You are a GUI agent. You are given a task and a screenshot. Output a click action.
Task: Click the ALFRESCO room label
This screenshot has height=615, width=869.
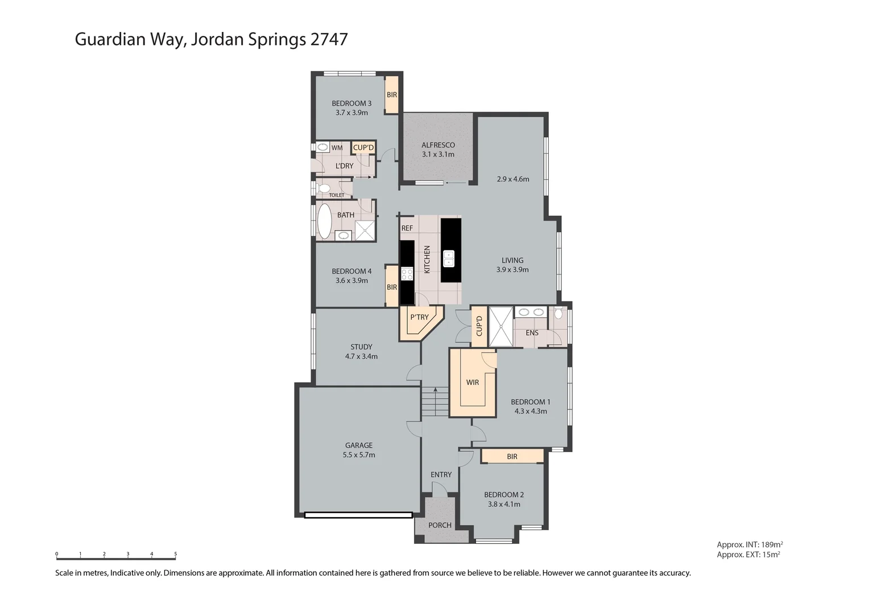tap(438, 145)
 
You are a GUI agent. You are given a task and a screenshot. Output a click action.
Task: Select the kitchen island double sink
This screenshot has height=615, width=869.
tap(449, 259)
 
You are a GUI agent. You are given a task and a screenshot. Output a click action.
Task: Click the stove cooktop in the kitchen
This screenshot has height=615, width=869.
tap(407, 274)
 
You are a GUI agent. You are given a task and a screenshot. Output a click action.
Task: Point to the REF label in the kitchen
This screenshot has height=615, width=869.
tap(407, 228)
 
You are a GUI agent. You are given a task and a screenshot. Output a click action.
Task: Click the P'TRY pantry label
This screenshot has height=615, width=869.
tap(419, 317)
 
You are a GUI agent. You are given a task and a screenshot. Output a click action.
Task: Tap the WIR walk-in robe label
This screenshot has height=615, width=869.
tap(473, 383)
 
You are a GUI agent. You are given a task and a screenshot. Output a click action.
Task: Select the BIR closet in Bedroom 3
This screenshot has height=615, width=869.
tap(392, 95)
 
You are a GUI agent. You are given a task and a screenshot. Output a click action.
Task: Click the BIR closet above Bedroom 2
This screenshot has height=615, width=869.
tap(512, 457)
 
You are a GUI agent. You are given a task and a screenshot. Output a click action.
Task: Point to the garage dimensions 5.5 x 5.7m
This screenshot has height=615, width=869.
tap(359, 455)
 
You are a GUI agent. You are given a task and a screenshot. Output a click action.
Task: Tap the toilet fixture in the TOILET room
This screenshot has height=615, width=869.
tap(324, 187)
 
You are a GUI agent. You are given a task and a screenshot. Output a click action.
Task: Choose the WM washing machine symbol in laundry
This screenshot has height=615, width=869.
tap(323, 147)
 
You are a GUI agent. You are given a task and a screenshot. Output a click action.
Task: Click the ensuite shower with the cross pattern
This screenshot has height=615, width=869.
tap(501, 327)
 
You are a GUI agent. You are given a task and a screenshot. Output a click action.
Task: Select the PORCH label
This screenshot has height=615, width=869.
tap(440, 525)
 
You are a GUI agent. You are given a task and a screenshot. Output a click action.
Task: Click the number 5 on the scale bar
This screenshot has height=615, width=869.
tap(175, 553)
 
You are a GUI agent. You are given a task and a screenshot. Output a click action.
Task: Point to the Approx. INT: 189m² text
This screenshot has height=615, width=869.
tap(750, 544)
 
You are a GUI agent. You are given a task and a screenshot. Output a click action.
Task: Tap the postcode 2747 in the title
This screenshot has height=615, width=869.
tap(329, 39)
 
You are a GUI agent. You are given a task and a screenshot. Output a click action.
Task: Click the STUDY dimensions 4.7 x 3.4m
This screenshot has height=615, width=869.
tap(361, 356)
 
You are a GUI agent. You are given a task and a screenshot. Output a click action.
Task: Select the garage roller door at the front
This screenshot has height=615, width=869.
tap(358, 515)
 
